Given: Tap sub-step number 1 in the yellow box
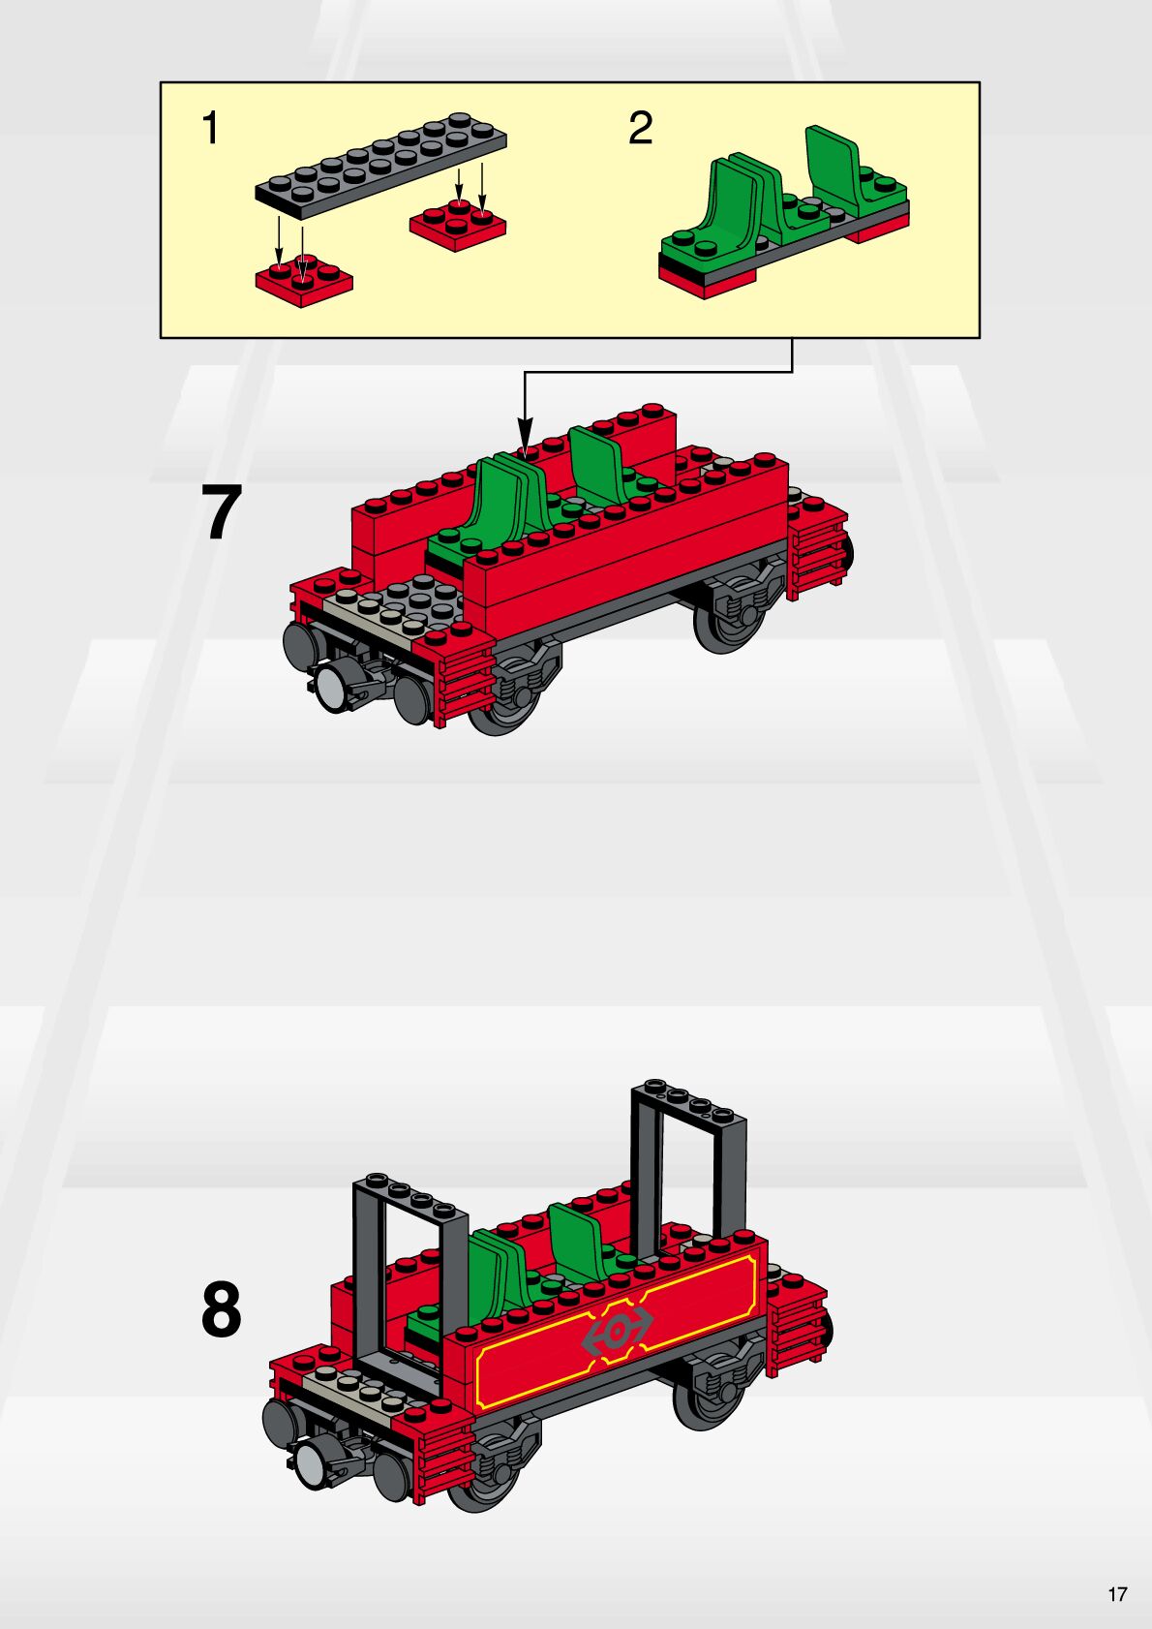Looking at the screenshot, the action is (x=211, y=127).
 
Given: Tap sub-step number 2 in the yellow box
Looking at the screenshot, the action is (x=640, y=127).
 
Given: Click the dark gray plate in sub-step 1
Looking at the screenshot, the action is (x=380, y=166).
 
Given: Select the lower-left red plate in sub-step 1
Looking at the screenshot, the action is (x=304, y=281).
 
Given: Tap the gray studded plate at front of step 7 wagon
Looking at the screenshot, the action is (x=396, y=604).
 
